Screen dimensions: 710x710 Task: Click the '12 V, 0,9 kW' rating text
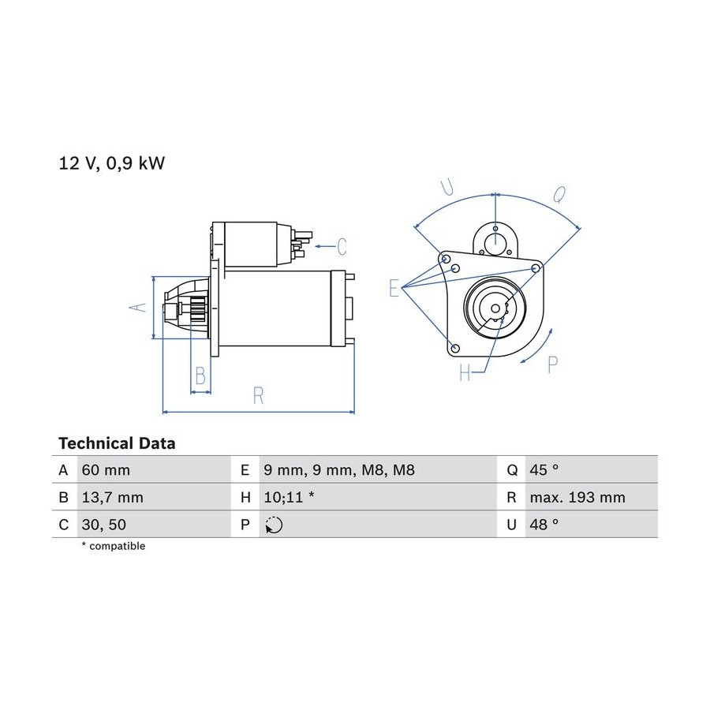tap(111, 163)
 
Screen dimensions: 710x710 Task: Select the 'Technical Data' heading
tap(117, 443)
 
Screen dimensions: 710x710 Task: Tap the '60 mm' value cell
tap(106, 470)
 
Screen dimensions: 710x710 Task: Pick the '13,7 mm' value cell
tap(112, 498)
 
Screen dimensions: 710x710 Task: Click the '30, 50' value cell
tap(103, 525)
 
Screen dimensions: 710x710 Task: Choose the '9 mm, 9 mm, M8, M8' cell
tap(339, 470)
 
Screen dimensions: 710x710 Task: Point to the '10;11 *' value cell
tap(289, 498)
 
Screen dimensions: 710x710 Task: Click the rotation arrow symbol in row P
tap(274, 525)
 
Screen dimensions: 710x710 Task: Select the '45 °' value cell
tap(544, 470)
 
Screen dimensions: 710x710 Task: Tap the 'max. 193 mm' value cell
tap(577, 498)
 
